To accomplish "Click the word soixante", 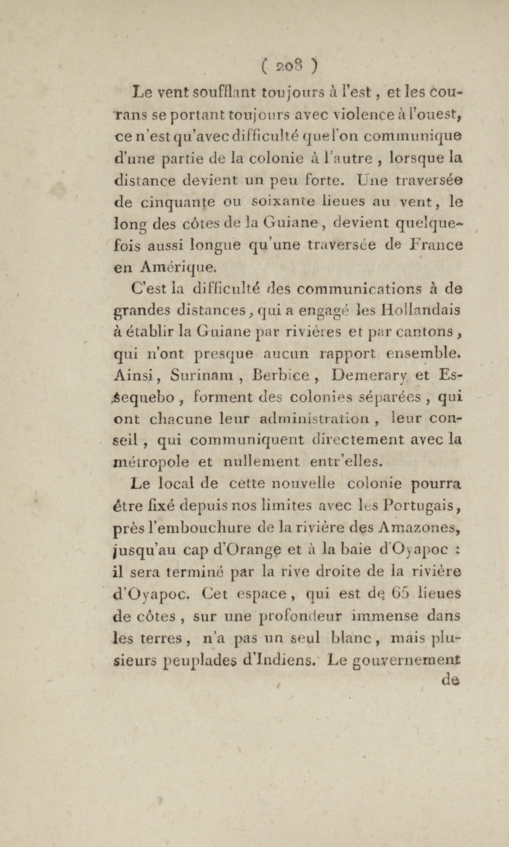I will click(283, 201).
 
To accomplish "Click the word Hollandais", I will click(420, 310).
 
